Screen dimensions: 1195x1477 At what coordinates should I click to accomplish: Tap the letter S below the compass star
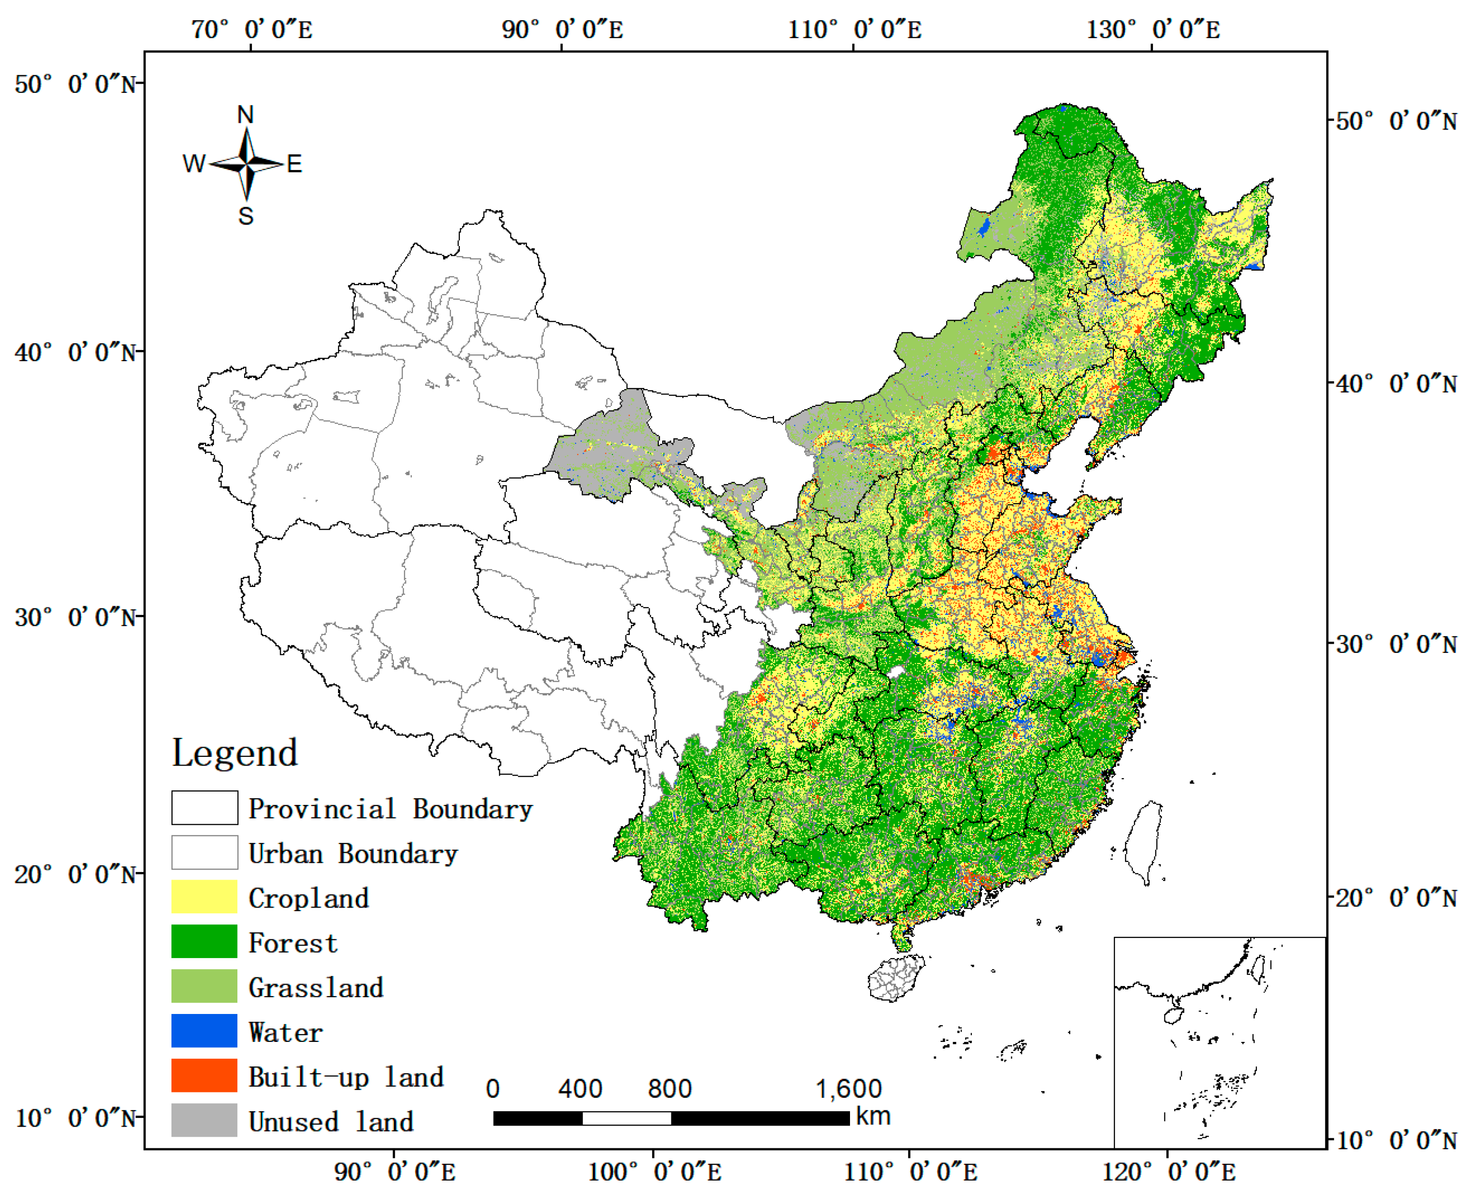pyautogui.click(x=246, y=216)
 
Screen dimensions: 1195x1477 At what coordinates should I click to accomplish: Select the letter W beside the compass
pyautogui.click(x=194, y=164)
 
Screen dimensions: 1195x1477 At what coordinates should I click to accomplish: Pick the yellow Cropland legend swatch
pyautogui.click(x=204, y=897)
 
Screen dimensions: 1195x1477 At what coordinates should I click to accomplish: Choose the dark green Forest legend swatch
pyautogui.click(x=204, y=942)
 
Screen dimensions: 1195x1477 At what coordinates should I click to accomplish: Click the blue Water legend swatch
pyautogui.click(x=204, y=1031)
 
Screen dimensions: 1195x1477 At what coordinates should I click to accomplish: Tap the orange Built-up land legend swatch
pyautogui.click(x=204, y=1076)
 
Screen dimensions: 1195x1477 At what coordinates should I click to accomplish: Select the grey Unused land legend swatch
pyautogui.click(x=204, y=1121)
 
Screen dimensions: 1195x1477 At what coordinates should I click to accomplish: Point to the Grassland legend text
pyautogui.click(x=315, y=988)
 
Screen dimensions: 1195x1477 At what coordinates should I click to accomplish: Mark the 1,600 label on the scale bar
pyautogui.click(x=849, y=1089)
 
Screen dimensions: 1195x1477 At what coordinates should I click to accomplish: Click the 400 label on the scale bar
pyautogui.click(x=580, y=1089)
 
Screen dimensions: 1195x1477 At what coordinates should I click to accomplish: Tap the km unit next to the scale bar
pyautogui.click(x=873, y=1116)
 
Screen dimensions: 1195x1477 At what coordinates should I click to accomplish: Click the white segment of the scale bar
pyautogui.click(x=627, y=1118)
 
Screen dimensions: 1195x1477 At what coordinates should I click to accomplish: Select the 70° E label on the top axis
pyautogui.click(x=251, y=29)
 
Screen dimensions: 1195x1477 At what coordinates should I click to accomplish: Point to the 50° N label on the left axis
pyautogui.click(x=74, y=85)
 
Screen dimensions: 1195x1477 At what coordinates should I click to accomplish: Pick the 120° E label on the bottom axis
pyautogui.click(x=1168, y=1171)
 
